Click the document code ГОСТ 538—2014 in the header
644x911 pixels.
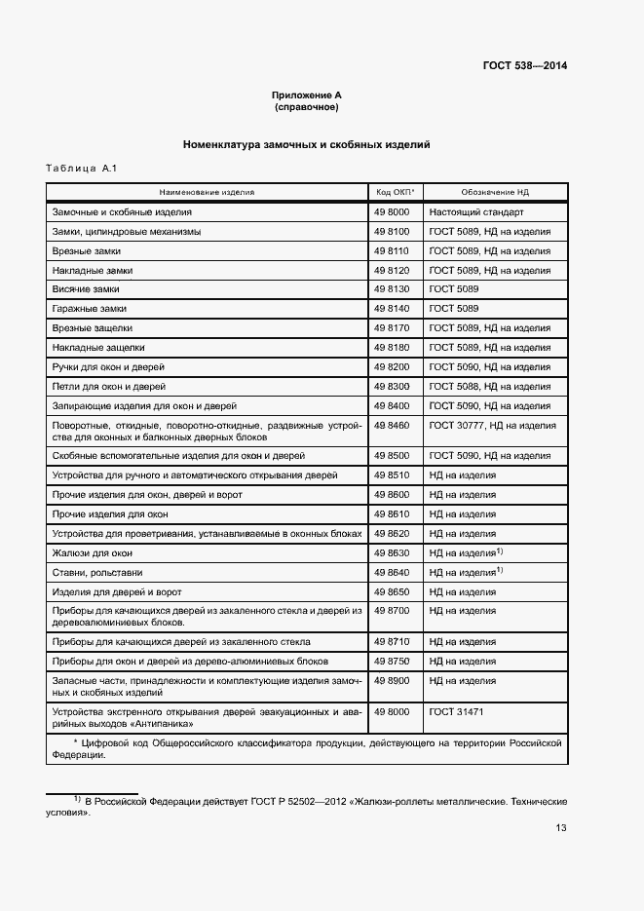click(x=524, y=66)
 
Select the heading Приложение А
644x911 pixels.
click(x=306, y=95)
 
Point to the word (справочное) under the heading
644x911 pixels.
click(x=306, y=106)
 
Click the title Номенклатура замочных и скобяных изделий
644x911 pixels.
click(x=306, y=145)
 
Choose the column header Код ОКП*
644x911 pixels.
click(x=394, y=192)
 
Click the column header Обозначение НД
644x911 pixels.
click(x=495, y=192)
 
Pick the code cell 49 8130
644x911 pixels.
click(x=391, y=289)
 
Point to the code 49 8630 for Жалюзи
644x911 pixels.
click(x=391, y=552)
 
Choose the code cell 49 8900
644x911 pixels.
click(x=391, y=681)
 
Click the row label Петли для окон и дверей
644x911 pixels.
click(x=107, y=387)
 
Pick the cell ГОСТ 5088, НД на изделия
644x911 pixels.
click(x=489, y=387)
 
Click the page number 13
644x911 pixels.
click(x=561, y=828)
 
